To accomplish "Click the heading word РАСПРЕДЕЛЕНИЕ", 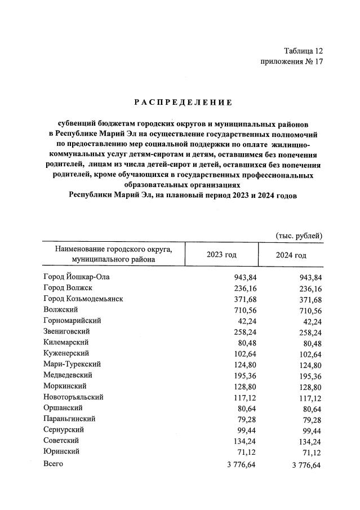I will click(183, 102).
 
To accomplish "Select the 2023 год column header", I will click(222, 255).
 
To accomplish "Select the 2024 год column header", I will click(291, 255).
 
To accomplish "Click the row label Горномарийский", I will click(72, 320).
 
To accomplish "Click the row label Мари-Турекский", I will click(72, 363).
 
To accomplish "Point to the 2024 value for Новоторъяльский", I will click(310, 397).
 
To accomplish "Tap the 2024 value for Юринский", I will click(312, 451).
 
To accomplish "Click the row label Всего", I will click(53, 464).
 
